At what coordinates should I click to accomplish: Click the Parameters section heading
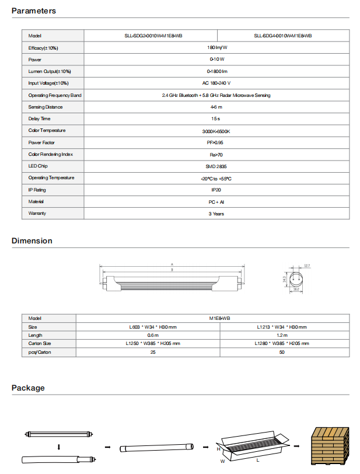[34, 11]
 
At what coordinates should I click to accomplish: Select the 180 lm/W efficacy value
[216, 47]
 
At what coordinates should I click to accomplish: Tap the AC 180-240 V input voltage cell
[216, 83]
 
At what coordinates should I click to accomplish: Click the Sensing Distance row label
[46, 107]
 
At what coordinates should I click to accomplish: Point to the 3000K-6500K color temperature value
[216, 131]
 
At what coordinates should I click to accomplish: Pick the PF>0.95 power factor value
[216, 142]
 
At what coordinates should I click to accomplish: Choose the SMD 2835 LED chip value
[216, 166]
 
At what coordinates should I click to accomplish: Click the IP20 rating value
[216, 190]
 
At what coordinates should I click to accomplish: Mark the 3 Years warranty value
[216, 214]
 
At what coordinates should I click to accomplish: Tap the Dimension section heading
[32, 241]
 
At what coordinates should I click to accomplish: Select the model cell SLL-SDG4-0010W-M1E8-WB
[283, 36]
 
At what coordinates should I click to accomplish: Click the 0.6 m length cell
[153, 335]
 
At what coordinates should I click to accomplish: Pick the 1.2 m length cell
[282, 335]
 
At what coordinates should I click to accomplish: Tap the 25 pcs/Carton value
[153, 352]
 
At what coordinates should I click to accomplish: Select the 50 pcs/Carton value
[282, 352]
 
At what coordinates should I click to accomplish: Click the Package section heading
[28, 388]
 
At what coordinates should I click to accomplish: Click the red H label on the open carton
[218, 449]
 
